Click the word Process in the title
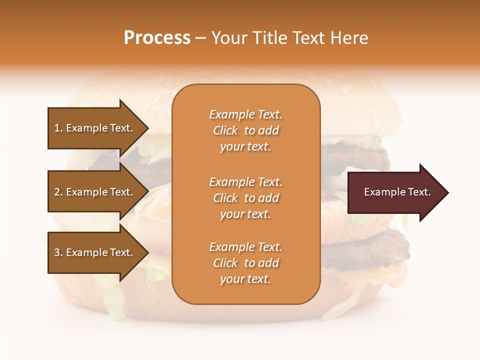(x=157, y=38)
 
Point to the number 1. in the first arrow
(x=58, y=128)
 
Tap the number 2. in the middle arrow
(x=58, y=192)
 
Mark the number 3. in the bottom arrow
(x=58, y=252)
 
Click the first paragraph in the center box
(x=245, y=130)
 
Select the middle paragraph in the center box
(x=245, y=197)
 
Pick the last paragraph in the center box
(x=245, y=263)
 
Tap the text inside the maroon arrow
(x=397, y=192)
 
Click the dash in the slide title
(x=200, y=38)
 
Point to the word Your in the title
(x=229, y=38)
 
